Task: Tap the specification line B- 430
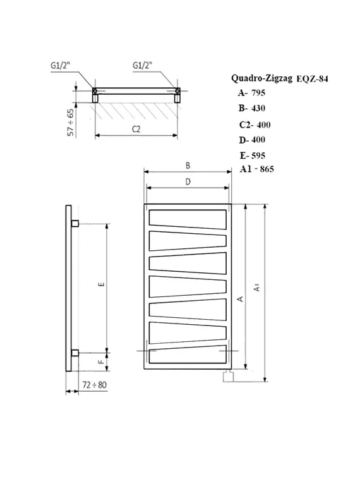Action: click(x=252, y=109)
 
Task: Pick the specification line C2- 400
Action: click(x=255, y=124)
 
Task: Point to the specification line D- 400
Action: click(x=252, y=140)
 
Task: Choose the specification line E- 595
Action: click(x=253, y=155)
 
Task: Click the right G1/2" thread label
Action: click(x=145, y=65)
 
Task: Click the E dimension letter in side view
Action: click(x=101, y=286)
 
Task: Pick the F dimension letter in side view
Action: click(x=101, y=363)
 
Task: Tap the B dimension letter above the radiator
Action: click(x=188, y=166)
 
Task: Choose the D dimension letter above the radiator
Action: click(x=188, y=182)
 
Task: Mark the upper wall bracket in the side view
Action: click(x=75, y=223)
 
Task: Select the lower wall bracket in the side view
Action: click(x=75, y=353)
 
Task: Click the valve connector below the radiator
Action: click(x=228, y=378)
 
